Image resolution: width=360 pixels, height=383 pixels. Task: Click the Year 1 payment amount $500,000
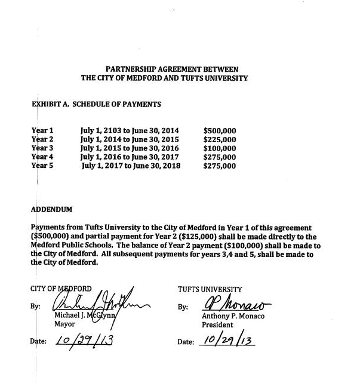(220, 130)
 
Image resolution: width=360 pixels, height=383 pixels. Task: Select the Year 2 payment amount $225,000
(220, 139)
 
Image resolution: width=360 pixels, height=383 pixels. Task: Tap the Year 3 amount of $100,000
(220, 148)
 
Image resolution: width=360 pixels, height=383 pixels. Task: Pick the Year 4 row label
(42, 157)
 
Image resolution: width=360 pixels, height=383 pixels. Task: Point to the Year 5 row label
(42, 166)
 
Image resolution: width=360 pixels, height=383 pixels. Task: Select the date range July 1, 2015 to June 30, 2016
(129, 148)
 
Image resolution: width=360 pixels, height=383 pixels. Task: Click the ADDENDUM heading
(51, 210)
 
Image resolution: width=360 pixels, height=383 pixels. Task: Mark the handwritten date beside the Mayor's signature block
(84, 341)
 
